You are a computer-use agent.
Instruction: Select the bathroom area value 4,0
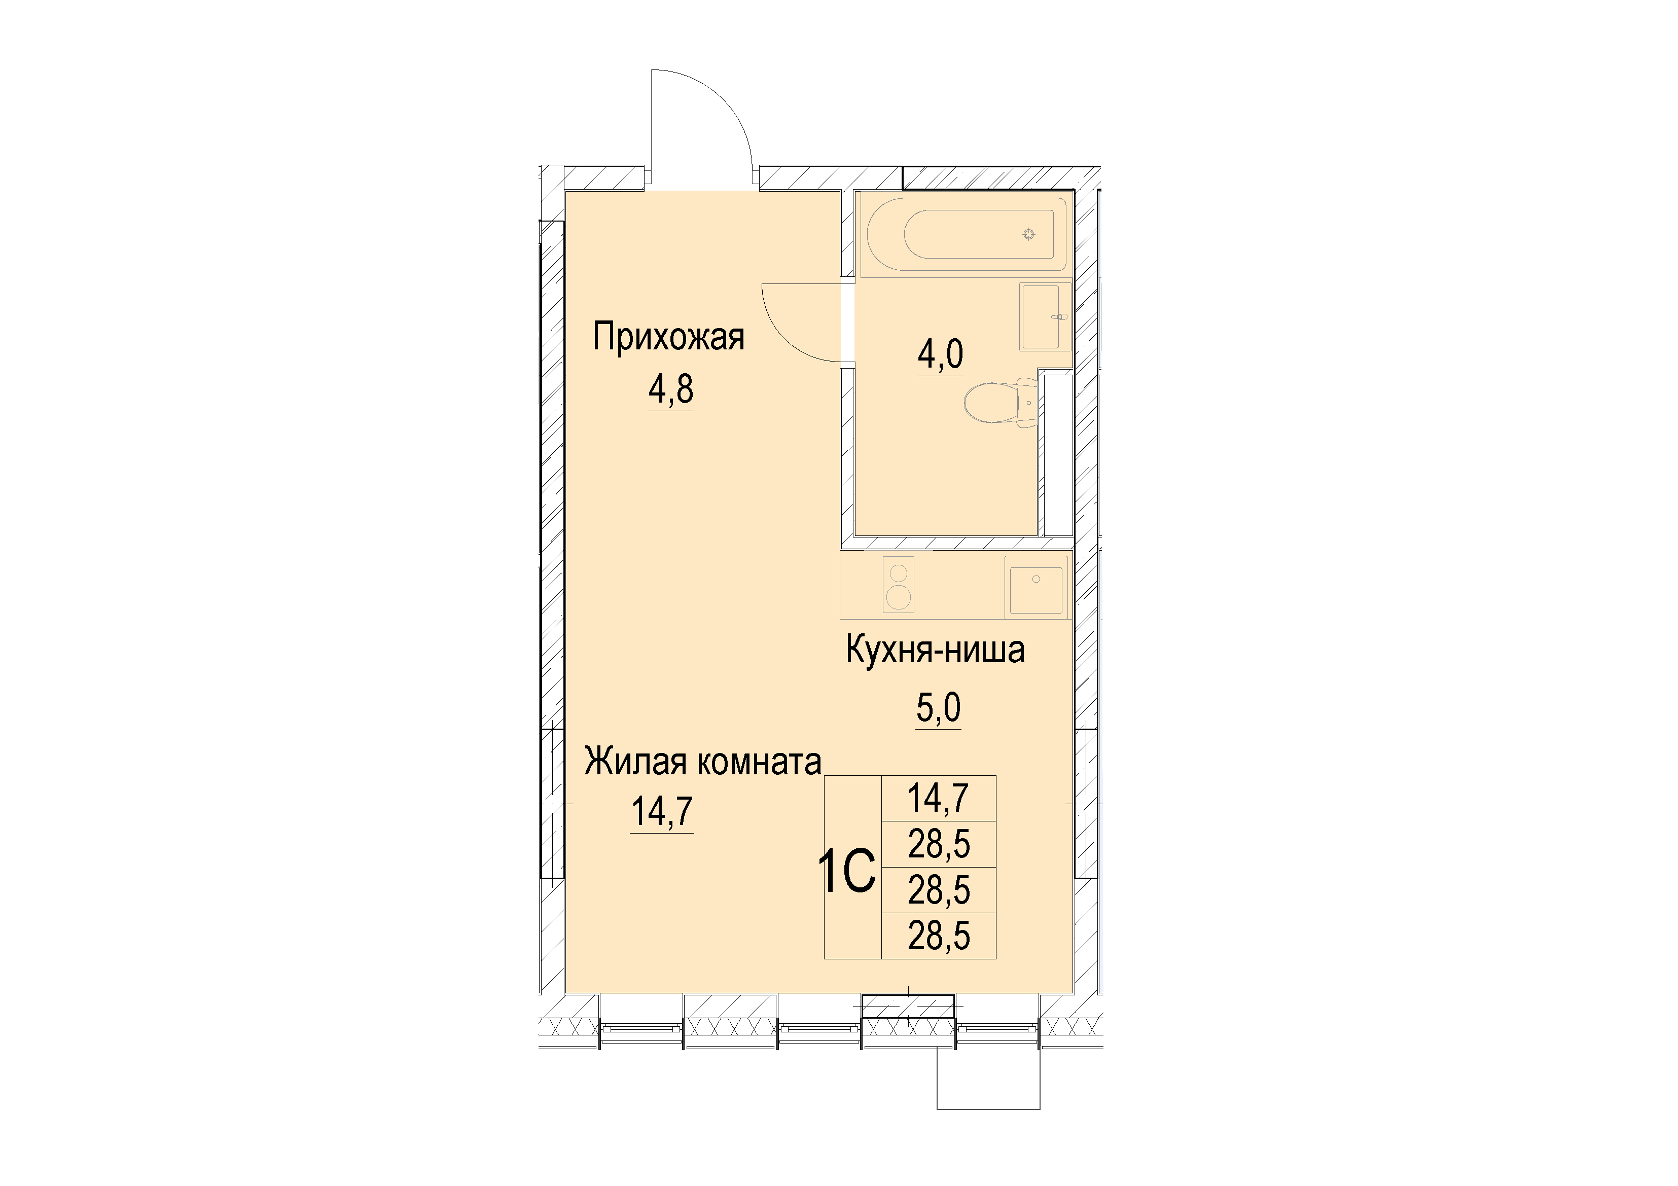click(941, 354)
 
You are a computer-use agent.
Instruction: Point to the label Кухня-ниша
click(936, 649)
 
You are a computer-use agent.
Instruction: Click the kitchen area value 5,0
click(939, 707)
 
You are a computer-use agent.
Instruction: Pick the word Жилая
click(636, 762)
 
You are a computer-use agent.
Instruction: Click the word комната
click(759, 763)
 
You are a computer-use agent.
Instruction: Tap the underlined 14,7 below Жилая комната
click(662, 811)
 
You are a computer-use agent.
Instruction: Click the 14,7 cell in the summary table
click(939, 798)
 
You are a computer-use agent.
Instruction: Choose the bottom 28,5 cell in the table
click(939, 936)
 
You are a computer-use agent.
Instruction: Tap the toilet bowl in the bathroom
click(999, 403)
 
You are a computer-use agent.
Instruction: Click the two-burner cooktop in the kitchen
click(898, 583)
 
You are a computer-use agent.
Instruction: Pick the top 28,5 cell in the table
click(939, 844)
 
